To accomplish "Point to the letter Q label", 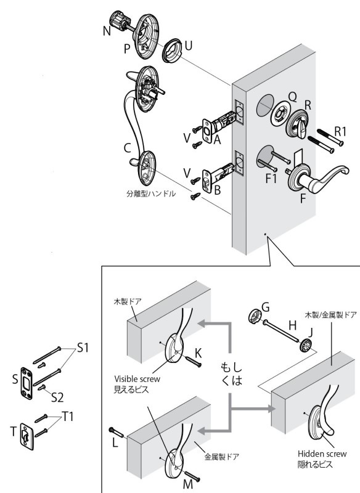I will click(292, 96).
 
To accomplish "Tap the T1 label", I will click(67, 417).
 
